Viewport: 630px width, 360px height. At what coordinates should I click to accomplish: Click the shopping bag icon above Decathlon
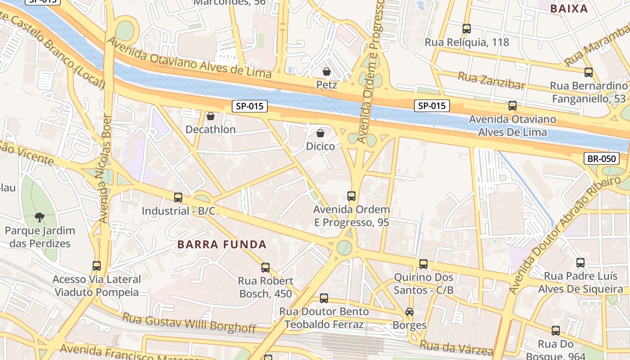pyautogui.click(x=210, y=117)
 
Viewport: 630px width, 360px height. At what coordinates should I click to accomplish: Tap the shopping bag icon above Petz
pyautogui.click(x=327, y=72)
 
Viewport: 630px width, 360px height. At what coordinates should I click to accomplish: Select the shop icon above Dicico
pyautogui.click(x=320, y=133)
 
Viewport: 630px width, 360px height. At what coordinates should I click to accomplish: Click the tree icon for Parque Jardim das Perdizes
pyautogui.click(x=40, y=217)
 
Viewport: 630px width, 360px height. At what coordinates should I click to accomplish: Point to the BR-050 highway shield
pyautogui.click(x=601, y=158)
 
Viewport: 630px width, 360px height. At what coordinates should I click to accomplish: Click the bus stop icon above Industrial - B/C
pyautogui.click(x=178, y=198)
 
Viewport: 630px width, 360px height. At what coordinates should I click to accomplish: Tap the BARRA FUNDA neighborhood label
pyautogui.click(x=222, y=245)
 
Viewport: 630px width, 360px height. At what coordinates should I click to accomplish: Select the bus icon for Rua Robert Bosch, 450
pyautogui.click(x=265, y=268)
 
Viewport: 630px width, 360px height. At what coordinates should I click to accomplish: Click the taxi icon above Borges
pyautogui.click(x=409, y=312)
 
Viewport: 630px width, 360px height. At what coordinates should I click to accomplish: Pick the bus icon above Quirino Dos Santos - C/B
pyautogui.click(x=423, y=264)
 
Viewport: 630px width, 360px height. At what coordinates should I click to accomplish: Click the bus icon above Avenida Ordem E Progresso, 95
pyautogui.click(x=351, y=196)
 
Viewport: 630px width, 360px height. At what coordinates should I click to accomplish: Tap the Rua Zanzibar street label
pyautogui.click(x=491, y=81)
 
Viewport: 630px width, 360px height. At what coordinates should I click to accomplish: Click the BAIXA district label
pyautogui.click(x=569, y=9)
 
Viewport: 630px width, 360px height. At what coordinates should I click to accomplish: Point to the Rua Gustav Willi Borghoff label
pyautogui.click(x=189, y=323)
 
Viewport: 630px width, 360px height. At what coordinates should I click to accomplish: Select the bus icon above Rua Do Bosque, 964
pyautogui.click(x=556, y=331)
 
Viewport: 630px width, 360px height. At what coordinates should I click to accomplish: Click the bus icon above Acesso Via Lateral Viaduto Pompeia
pyautogui.click(x=97, y=266)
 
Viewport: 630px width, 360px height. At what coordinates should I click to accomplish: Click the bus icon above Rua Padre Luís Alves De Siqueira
pyautogui.click(x=580, y=263)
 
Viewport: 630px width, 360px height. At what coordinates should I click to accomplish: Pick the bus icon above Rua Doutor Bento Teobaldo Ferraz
pyautogui.click(x=324, y=298)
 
